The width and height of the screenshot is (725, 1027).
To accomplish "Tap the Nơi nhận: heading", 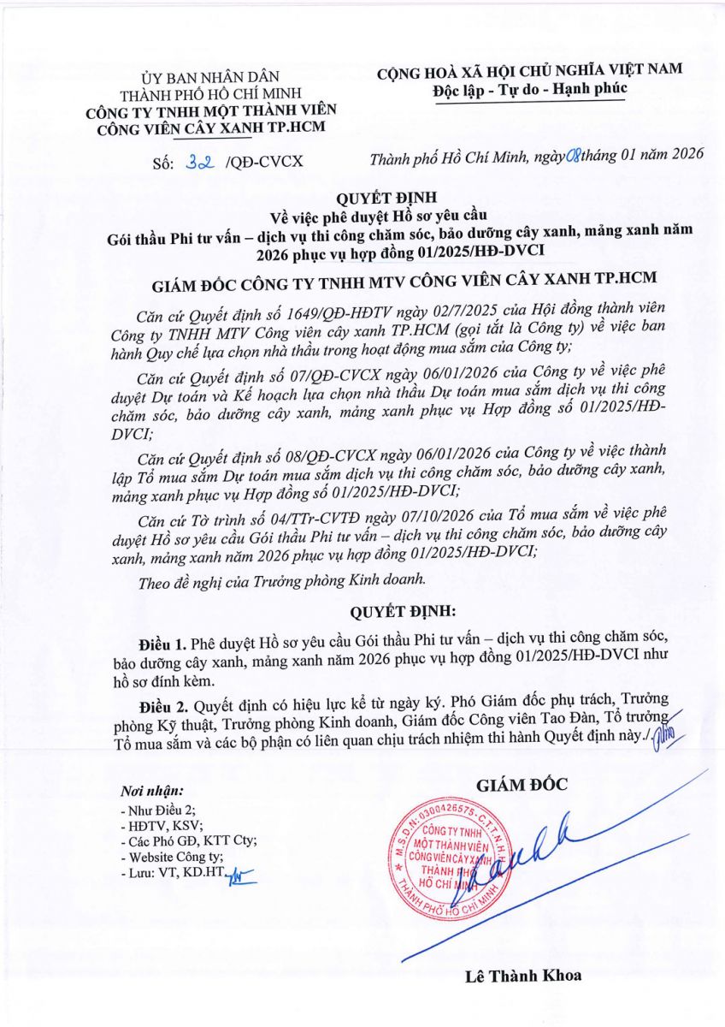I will [152, 791].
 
